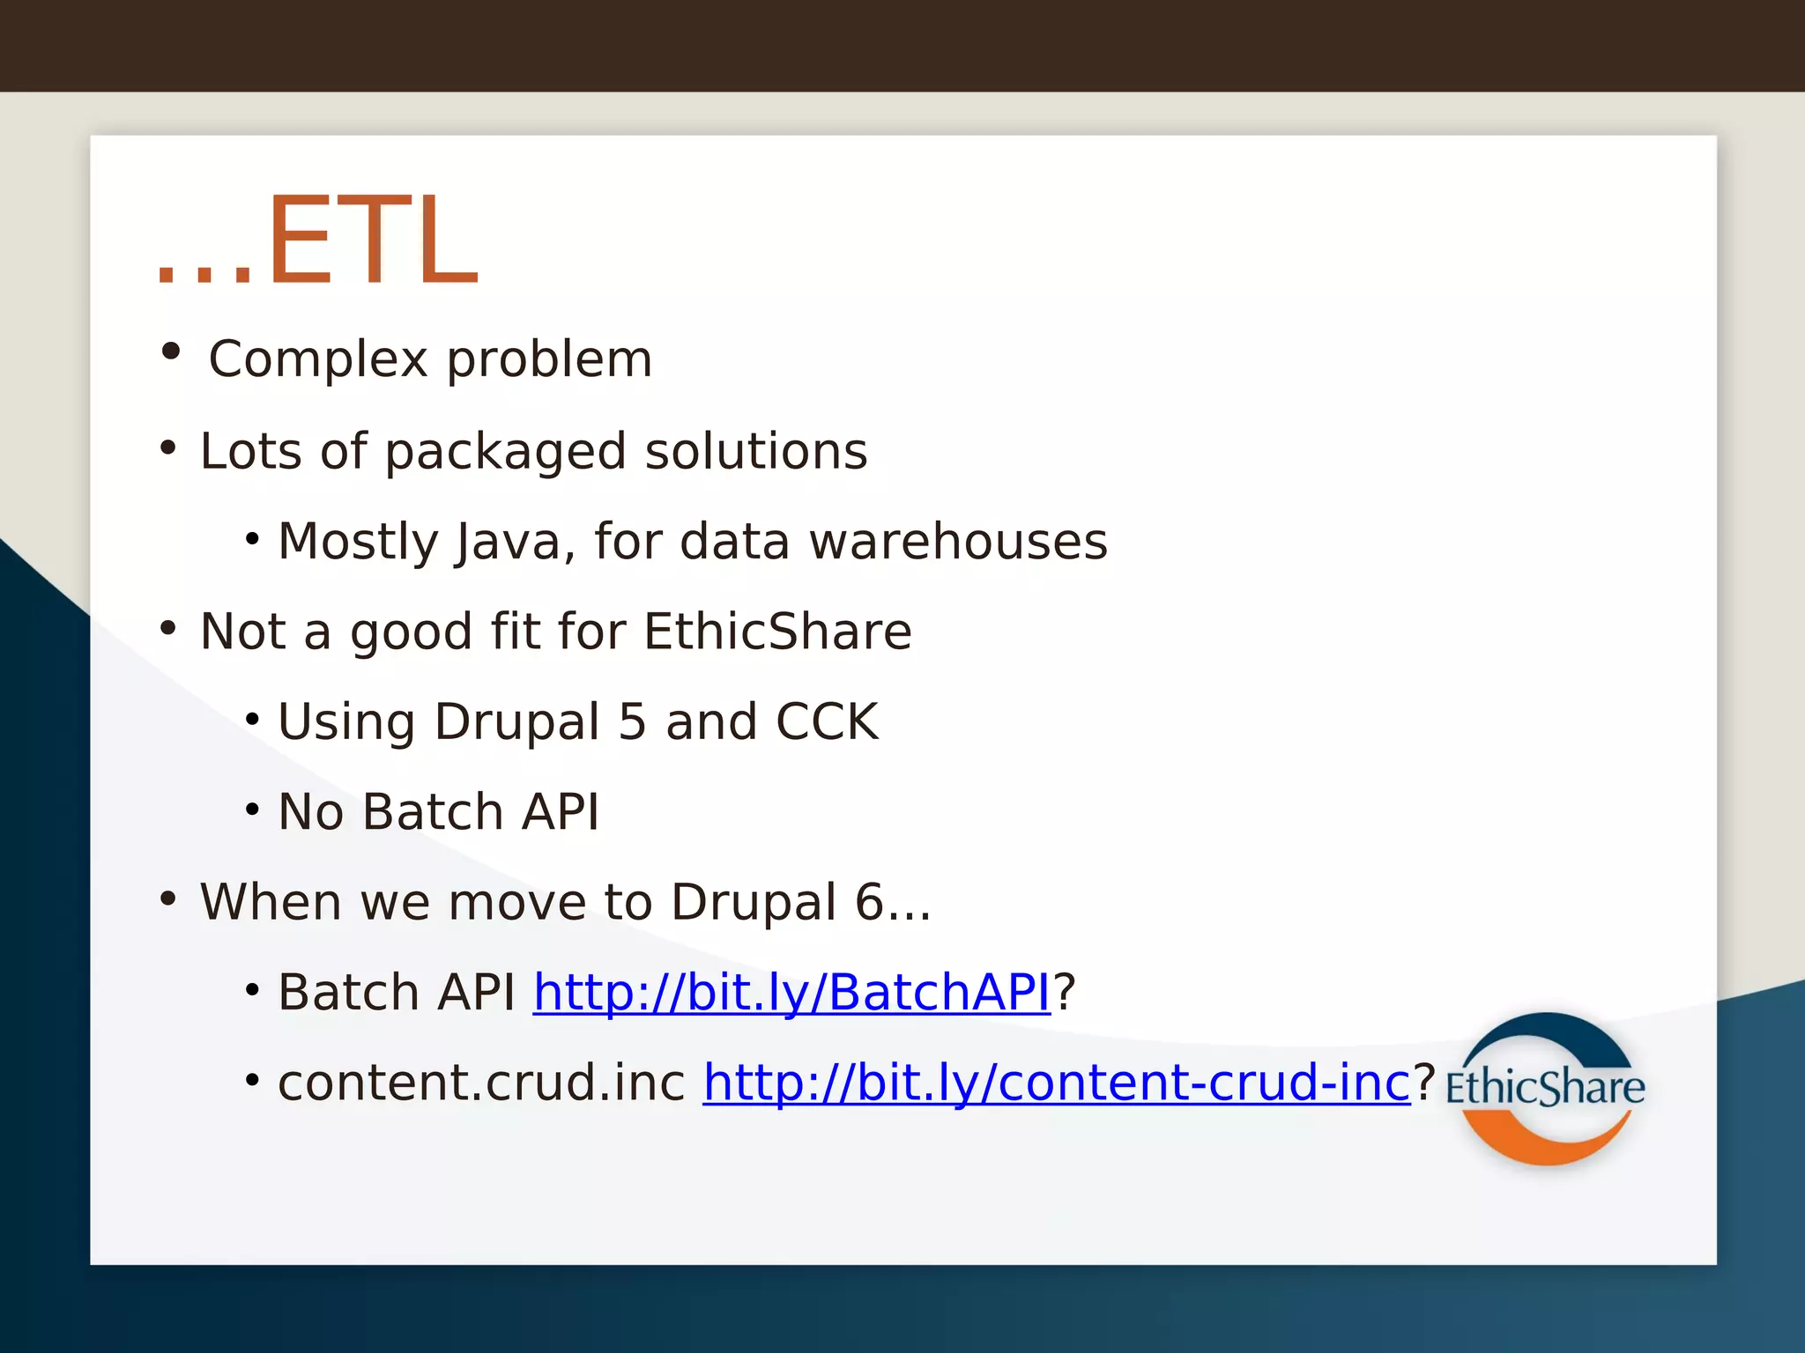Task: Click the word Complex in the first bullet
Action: pos(318,359)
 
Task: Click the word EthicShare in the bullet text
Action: pos(777,632)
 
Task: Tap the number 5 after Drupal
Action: pos(632,721)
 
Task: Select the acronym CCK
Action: pos(827,721)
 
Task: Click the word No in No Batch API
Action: pos(310,811)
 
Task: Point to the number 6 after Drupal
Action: pos(869,902)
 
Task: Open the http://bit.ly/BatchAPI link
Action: pos(791,993)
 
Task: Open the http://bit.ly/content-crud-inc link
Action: pos(1056,1083)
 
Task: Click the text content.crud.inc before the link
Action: pos(481,1083)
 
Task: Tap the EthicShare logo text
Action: pos(1545,1087)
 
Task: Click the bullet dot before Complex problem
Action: pos(171,351)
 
